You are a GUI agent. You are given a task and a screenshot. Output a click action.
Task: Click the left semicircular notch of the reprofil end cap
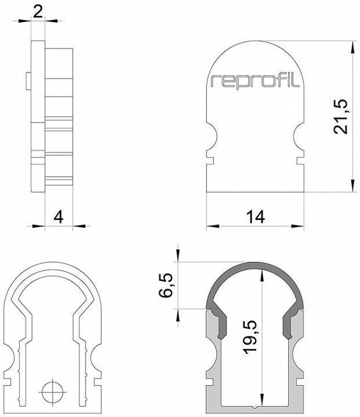coord(211,138)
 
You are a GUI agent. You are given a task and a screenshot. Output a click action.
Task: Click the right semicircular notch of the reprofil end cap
coord(300,138)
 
